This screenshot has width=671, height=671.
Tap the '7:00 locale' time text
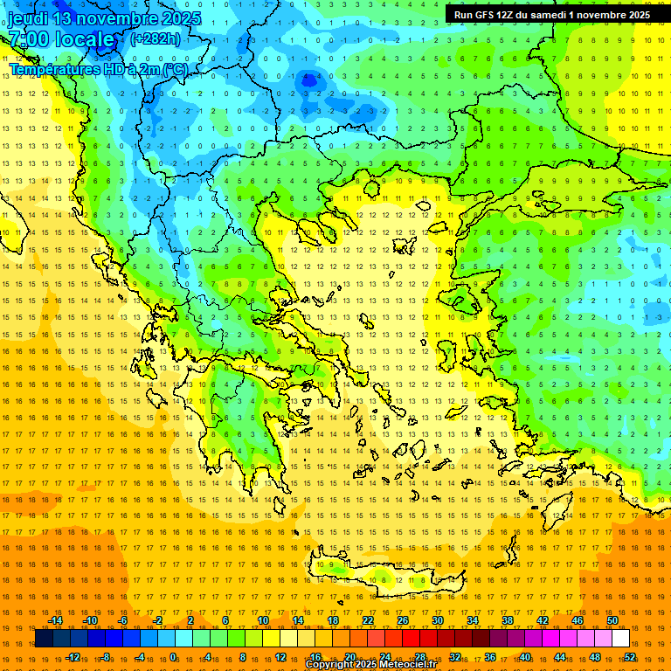[61, 39]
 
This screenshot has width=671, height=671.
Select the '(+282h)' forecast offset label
[156, 38]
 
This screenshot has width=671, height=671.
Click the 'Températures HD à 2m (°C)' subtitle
[98, 69]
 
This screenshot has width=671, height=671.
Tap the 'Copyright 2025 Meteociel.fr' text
[370, 665]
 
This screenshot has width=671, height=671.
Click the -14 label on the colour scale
[54, 620]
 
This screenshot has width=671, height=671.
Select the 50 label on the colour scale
[612, 620]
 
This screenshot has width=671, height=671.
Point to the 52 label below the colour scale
[630, 657]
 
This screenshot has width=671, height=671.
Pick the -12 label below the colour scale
[73, 657]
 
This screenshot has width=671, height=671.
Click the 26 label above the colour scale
[403, 620]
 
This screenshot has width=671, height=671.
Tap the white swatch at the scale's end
[621, 639]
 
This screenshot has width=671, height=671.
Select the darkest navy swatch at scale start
[44, 639]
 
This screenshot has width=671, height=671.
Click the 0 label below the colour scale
[173, 657]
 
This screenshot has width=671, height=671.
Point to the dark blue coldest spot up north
[307, 80]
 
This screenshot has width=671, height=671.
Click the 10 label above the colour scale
[263, 620]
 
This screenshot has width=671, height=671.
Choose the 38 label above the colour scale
[508, 620]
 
